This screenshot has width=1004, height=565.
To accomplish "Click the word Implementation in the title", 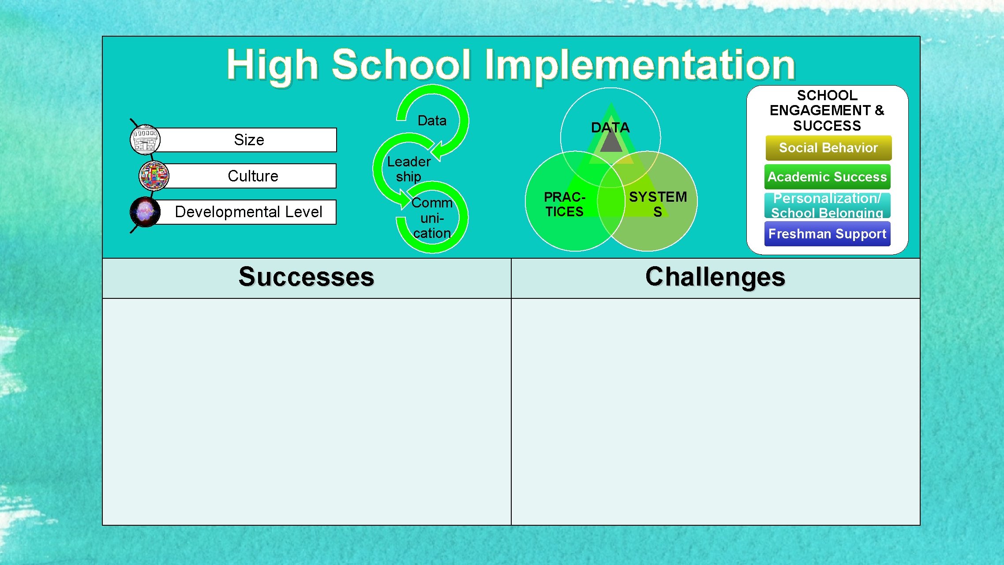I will pyautogui.click(x=640, y=65).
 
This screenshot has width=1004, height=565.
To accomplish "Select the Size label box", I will pyautogui.click(x=249, y=140).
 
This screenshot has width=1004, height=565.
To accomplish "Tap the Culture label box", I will pyautogui.click(x=252, y=176).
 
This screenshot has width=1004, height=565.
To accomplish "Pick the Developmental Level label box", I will pyautogui.click(x=248, y=212).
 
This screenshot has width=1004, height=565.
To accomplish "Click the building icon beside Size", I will pyautogui.click(x=145, y=140).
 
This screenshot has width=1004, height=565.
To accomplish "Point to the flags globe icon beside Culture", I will pyautogui.click(x=154, y=176).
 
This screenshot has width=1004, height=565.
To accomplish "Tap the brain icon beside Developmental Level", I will pyautogui.click(x=145, y=212).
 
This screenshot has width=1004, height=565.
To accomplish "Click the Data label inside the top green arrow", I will pyautogui.click(x=432, y=121).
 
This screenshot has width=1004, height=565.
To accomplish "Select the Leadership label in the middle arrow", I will pyautogui.click(x=408, y=169).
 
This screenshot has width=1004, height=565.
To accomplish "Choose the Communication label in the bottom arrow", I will pyautogui.click(x=432, y=218).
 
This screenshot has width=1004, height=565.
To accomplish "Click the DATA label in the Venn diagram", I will pyautogui.click(x=610, y=128).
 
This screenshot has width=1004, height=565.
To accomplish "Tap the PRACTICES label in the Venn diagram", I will pyautogui.click(x=564, y=204).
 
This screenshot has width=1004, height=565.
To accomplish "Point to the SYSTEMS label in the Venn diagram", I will pyautogui.click(x=657, y=204).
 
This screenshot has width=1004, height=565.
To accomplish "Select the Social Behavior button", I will pyautogui.click(x=828, y=148).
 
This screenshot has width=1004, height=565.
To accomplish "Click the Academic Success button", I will pyautogui.click(x=827, y=177).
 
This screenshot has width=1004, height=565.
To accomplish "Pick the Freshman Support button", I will pyautogui.click(x=827, y=234).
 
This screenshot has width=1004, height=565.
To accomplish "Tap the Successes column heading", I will pyautogui.click(x=306, y=277).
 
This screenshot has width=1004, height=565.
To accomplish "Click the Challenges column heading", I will pyautogui.click(x=715, y=277).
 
